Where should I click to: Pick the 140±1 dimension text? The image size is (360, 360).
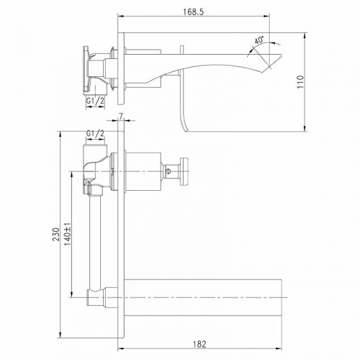[67, 234]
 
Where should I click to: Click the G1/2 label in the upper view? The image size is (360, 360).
[96, 102]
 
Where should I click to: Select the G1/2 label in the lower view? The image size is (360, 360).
[95, 134]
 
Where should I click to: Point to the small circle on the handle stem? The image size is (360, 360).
[171, 171]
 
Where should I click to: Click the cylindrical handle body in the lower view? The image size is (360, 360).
[143, 171]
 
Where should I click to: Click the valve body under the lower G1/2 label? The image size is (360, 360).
[95, 166]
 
